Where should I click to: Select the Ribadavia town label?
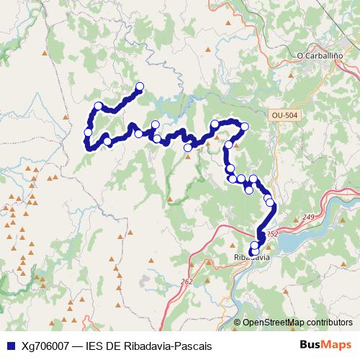(x=251, y=257)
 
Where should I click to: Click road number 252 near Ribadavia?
(x=271, y=234)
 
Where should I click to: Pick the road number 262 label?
(x=187, y=282)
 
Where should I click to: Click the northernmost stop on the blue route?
(x=140, y=87)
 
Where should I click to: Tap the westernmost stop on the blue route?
(x=88, y=132)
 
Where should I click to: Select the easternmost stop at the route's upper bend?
(x=244, y=127)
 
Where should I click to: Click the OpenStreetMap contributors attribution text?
(x=297, y=323)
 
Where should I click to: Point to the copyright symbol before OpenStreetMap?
(x=238, y=323)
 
